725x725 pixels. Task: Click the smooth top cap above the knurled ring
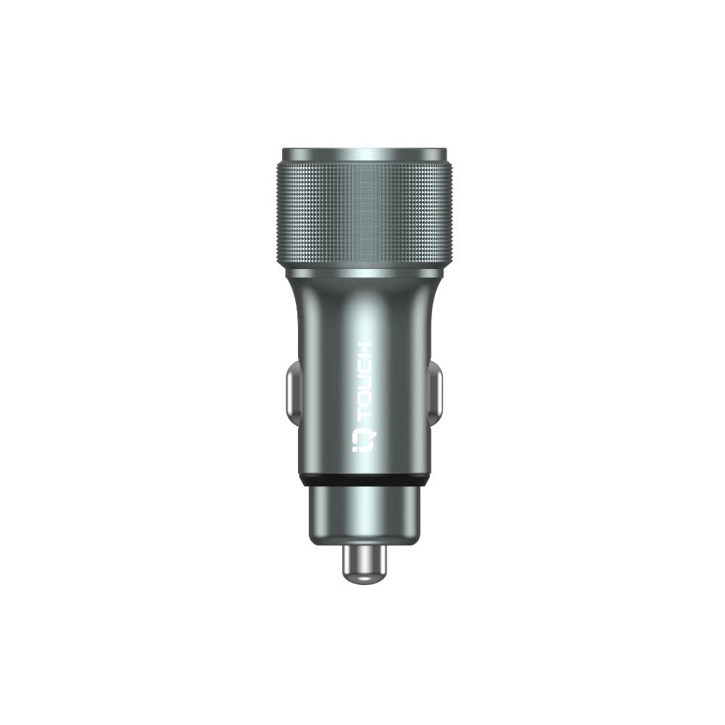[365, 155]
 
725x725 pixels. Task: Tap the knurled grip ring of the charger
[365, 215]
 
